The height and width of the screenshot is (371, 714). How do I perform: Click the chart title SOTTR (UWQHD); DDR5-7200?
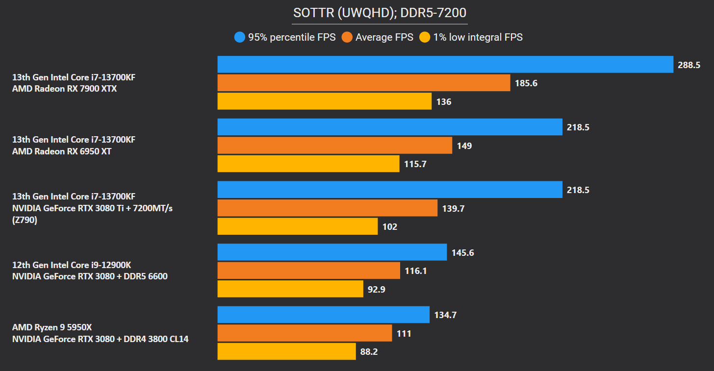(x=380, y=13)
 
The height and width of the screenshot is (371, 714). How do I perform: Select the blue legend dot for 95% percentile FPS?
(x=240, y=37)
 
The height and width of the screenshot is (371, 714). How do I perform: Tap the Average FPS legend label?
(x=384, y=37)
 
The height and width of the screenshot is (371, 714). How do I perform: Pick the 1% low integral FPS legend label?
(x=478, y=37)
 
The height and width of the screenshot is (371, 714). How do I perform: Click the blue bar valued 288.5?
(x=445, y=64)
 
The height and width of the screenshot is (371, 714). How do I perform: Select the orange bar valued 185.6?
(x=364, y=83)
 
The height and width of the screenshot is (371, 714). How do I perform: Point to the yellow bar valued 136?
(x=325, y=101)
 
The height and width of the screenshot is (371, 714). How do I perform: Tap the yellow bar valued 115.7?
(x=308, y=164)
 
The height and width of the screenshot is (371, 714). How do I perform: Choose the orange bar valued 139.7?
(x=328, y=208)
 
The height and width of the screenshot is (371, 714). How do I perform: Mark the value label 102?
(x=389, y=227)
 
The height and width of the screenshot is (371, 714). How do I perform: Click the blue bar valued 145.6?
(x=332, y=252)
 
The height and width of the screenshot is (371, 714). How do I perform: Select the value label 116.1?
(x=415, y=271)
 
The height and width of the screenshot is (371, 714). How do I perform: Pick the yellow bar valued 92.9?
(x=290, y=289)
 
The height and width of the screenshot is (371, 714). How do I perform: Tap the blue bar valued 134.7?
(x=324, y=315)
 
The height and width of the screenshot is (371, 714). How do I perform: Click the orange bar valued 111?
(x=305, y=333)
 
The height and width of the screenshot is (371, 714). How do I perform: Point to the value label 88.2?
(x=369, y=352)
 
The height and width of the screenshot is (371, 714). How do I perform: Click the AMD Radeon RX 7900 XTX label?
(x=64, y=89)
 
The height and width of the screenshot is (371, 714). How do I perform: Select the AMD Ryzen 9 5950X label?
(x=52, y=326)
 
